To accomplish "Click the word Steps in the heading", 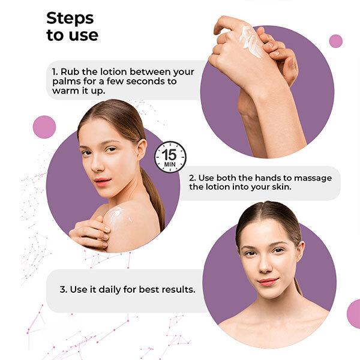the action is [70, 19].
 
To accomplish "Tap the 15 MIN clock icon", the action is [170, 157].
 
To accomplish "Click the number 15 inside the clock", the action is [169, 155].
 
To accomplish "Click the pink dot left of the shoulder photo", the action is [44, 127].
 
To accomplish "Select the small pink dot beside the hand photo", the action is [335, 41].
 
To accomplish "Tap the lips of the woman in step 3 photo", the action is [268, 281].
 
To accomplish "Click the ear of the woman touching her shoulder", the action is [142, 149].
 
